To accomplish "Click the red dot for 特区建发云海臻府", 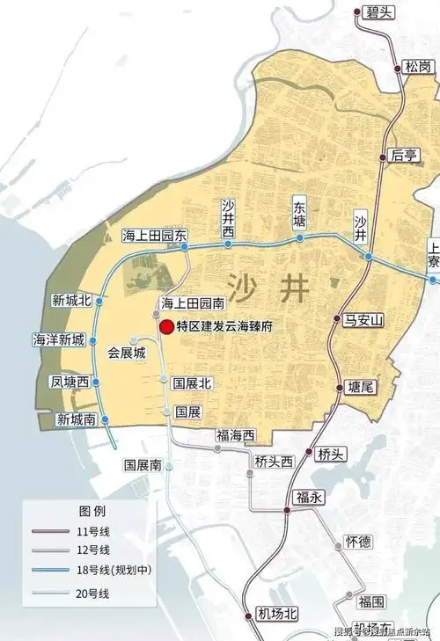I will [166, 326].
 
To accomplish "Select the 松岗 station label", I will [418, 67].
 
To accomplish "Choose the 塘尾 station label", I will [361, 387].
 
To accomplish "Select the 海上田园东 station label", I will [155, 235].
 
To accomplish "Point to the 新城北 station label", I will [72, 300].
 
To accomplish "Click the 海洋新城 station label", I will [59, 339].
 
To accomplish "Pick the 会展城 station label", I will [125, 353].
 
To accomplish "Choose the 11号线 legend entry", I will [93, 530].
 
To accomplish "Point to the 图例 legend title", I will [92, 511].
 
